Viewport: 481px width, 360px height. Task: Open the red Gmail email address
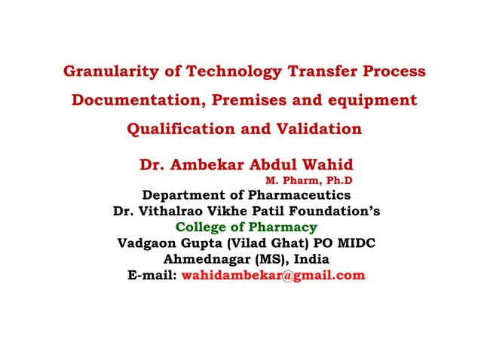pyautogui.click(x=274, y=276)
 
